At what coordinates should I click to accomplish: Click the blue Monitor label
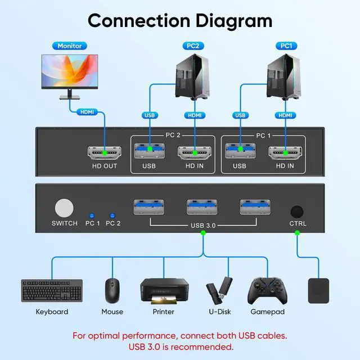pos(70,46)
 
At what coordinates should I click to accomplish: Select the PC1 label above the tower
pos(286,46)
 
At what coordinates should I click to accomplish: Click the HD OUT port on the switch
pos(104,152)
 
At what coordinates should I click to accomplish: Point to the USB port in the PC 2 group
pos(149,152)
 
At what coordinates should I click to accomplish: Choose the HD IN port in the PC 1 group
pos(285,152)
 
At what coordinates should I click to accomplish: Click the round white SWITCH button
pos(65,208)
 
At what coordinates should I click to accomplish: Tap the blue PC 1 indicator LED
pos(91,215)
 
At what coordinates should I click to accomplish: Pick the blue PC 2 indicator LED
pos(113,215)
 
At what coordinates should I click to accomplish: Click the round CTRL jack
pos(296,211)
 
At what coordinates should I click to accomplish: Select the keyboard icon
pos(52,290)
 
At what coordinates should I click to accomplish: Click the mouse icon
pos(112,290)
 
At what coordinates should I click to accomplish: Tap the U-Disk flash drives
pos(219,290)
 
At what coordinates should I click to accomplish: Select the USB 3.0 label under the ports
pos(202,227)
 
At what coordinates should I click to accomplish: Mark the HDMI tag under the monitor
pos(87,112)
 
